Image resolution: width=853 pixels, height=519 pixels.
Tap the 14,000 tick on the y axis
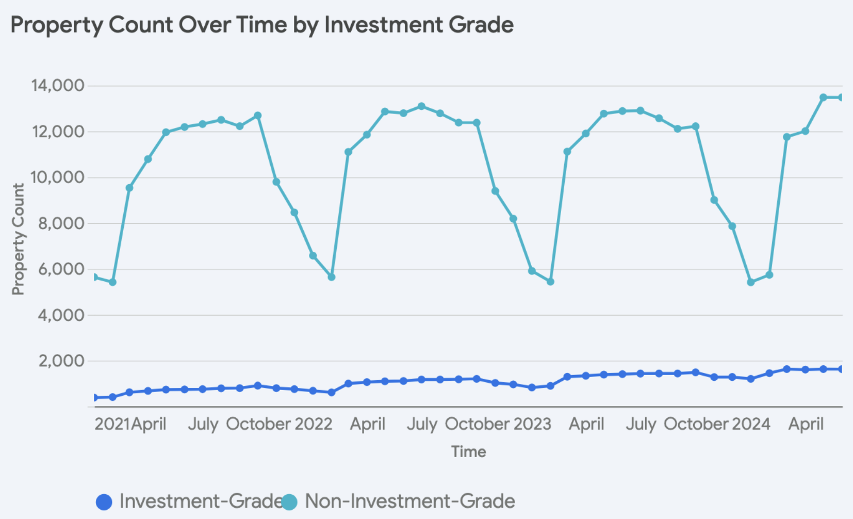(x=57, y=86)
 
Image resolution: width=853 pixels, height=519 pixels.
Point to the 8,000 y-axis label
(x=60, y=223)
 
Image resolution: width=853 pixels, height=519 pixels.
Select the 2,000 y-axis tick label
(x=60, y=361)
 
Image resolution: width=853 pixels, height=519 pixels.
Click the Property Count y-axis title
(x=18, y=239)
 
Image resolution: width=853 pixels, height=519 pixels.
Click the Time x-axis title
(x=468, y=451)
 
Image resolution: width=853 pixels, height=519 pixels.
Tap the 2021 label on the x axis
(x=112, y=424)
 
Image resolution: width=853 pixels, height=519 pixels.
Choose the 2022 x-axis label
(x=314, y=424)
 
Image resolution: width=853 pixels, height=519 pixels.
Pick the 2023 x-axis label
(x=533, y=424)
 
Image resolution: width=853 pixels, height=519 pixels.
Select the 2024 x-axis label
(x=751, y=424)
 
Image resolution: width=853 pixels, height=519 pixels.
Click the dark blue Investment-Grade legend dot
(x=104, y=502)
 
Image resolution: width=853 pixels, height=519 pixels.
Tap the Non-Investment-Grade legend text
(x=410, y=501)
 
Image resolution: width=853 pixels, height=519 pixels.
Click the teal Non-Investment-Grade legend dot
(x=289, y=502)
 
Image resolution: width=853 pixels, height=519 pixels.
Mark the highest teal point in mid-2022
(x=421, y=106)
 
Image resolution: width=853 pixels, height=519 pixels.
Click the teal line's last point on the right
(x=841, y=98)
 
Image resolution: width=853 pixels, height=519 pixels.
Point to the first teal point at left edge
(x=95, y=278)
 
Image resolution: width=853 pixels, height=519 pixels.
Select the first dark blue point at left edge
(x=95, y=397)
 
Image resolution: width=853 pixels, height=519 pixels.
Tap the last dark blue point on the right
(x=841, y=369)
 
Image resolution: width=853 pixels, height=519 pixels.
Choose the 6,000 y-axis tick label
(x=60, y=269)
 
